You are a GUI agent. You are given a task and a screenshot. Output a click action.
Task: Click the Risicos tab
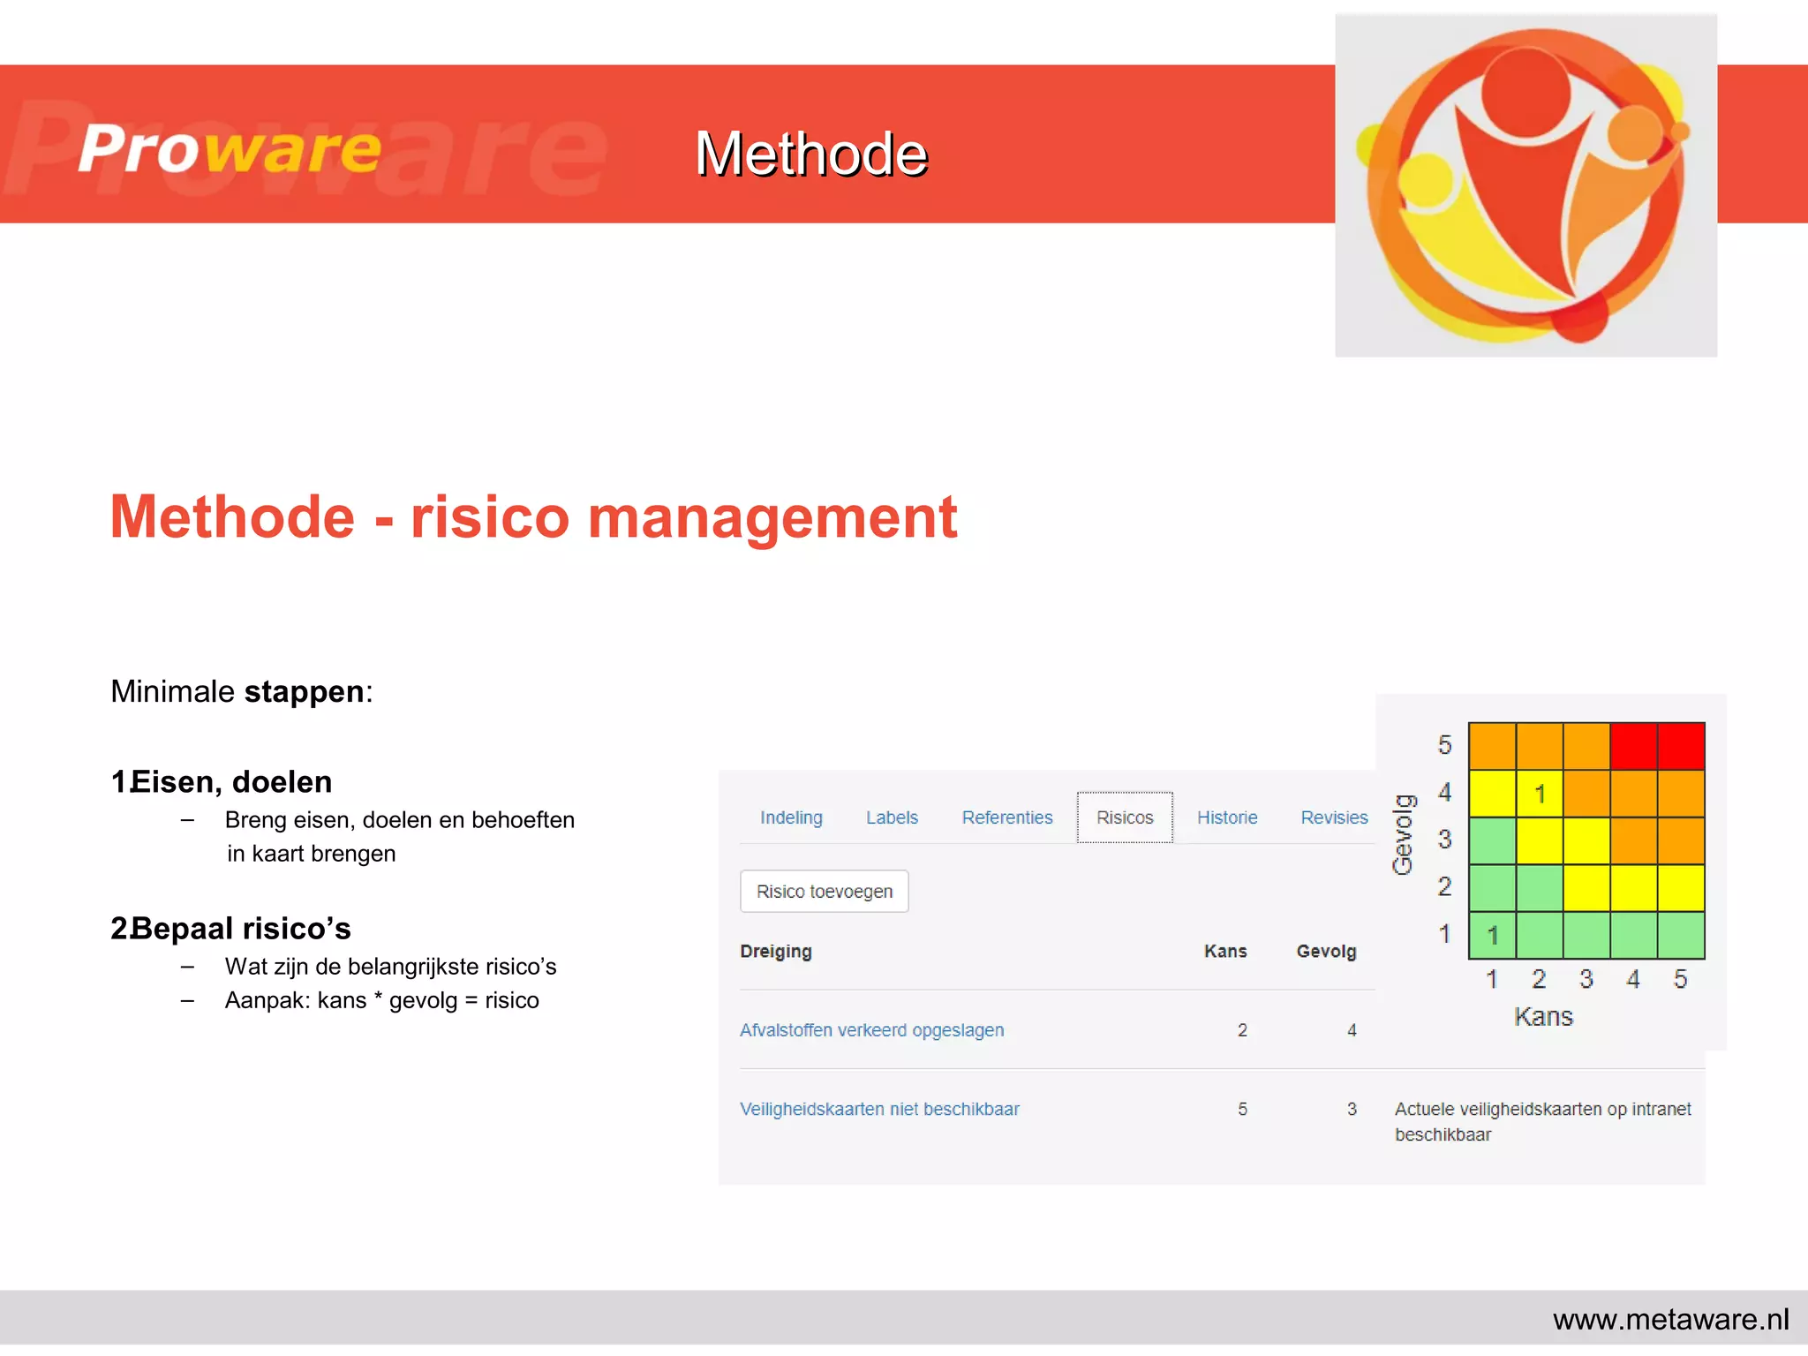(x=1125, y=817)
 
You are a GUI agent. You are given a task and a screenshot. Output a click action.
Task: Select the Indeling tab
(x=791, y=817)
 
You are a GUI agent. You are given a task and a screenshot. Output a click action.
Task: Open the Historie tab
(x=1227, y=817)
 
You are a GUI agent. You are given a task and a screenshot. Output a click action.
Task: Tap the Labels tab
(x=892, y=817)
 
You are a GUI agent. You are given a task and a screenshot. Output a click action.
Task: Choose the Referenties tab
(x=1007, y=817)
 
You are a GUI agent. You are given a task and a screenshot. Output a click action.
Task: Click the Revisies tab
(x=1334, y=817)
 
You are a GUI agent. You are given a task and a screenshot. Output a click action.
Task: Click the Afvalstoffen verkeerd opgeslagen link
(x=871, y=1030)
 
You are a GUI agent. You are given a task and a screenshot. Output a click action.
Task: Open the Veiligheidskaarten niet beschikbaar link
(x=879, y=1109)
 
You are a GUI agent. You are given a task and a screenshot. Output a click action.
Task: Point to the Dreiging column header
(x=776, y=952)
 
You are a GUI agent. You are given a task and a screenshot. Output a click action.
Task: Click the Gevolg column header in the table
(x=1326, y=952)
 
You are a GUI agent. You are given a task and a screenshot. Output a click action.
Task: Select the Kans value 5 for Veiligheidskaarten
(x=1242, y=1109)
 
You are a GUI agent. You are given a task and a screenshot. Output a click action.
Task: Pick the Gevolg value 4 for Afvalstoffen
(x=1352, y=1030)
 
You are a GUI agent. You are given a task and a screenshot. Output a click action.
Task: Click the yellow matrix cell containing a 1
(x=1540, y=794)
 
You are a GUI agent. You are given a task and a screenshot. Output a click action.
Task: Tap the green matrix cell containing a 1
(x=1492, y=935)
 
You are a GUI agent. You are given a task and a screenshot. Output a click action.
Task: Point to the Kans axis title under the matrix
(x=1543, y=1017)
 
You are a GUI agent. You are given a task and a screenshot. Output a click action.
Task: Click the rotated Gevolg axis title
(x=1404, y=834)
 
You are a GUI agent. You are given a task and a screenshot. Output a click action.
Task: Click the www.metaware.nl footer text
(x=1670, y=1319)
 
